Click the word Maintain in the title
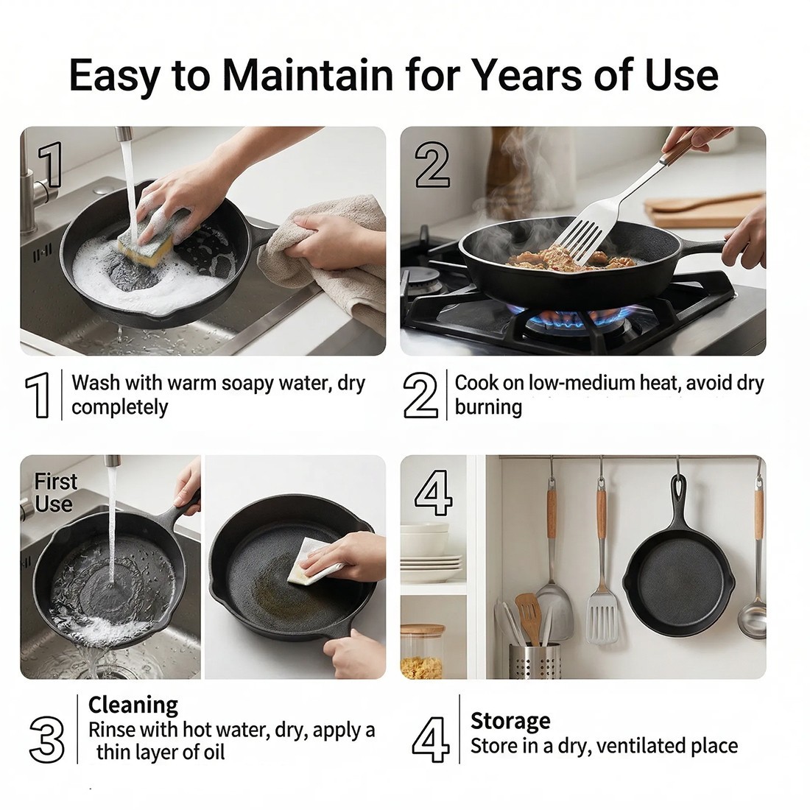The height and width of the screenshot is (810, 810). [310, 75]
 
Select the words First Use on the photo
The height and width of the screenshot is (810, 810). [54, 493]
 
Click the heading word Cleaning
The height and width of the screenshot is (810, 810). [133, 704]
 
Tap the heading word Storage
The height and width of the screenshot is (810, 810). [510, 721]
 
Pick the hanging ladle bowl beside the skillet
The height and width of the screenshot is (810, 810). [752, 617]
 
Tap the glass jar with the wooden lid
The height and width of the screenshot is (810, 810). [423, 652]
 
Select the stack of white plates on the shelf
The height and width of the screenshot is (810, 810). [432, 567]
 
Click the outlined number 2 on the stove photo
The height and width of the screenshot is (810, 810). [432, 164]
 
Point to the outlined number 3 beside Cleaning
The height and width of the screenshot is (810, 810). [46, 740]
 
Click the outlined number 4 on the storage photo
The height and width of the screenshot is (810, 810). [434, 493]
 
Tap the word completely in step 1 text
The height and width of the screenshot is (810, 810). [120, 407]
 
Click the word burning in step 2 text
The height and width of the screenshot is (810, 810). [488, 407]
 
